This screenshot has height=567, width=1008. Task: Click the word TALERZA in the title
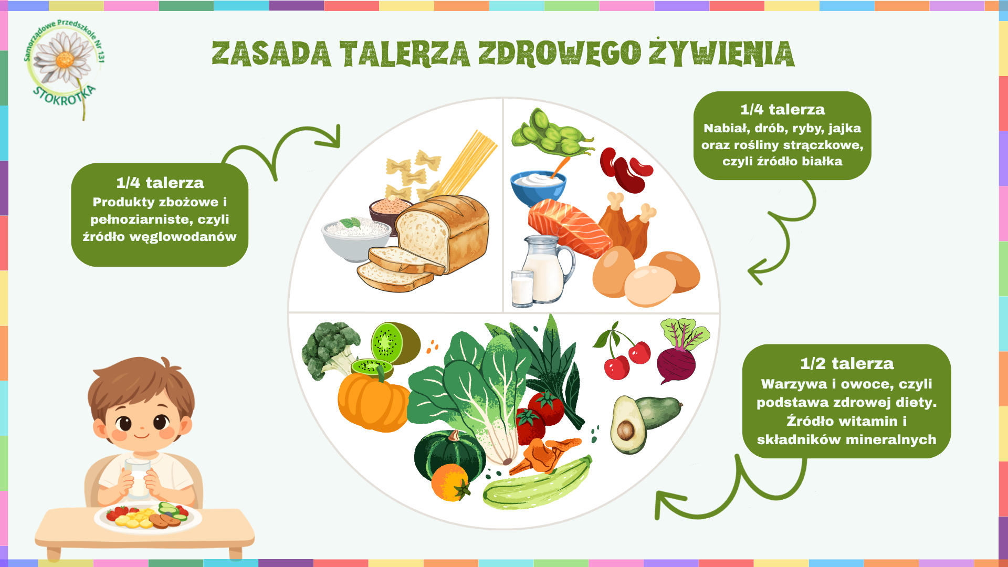pyautogui.click(x=404, y=54)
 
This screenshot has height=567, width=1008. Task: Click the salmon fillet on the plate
pyautogui.click(x=569, y=227)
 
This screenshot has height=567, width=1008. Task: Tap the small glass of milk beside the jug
pyautogui.click(x=522, y=288)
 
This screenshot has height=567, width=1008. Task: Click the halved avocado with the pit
pyautogui.click(x=628, y=425)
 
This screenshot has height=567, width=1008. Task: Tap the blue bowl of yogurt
pyautogui.click(x=538, y=187)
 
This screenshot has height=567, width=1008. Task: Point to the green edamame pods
pyautogui.click(x=551, y=132)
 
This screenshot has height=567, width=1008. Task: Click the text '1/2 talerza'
pyautogui.click(x=847, y=363)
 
